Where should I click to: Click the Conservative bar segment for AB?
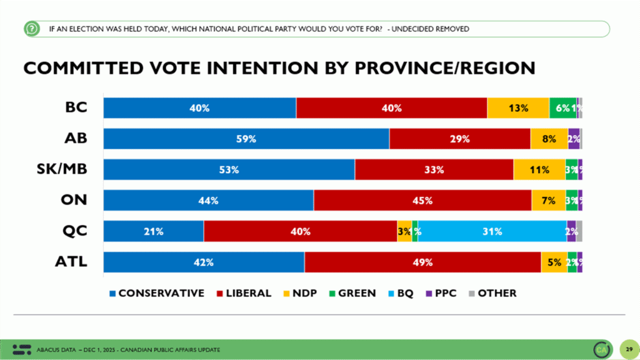pyautogui.click(x=246, y=139)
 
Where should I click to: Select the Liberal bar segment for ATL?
pyautogui.click(x=422, y=262)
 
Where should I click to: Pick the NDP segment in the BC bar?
pyautogui.click(x=518, y=108)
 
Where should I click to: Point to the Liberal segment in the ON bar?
pyautogui.click(x=422, y=201)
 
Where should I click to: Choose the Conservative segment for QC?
pyautogui.click(x=154, y=231)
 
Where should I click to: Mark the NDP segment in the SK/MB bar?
pyautogui.click(x=539, y=169)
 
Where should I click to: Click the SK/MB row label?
pyautogui.click(x=65, y=169)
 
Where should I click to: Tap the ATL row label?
pyautogui.click(x=72, y=262)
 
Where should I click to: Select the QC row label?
pyautogui.click(x=76, y=231)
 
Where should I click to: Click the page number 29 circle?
pyautogui.click(x=628, y=349)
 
